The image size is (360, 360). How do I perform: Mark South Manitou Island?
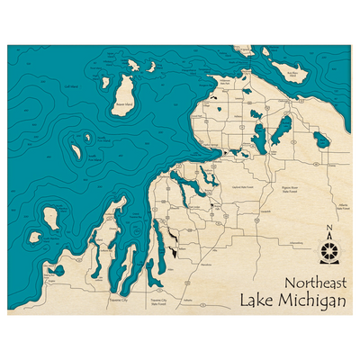pos(35,238)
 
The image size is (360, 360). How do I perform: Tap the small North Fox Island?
pos(87,138)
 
